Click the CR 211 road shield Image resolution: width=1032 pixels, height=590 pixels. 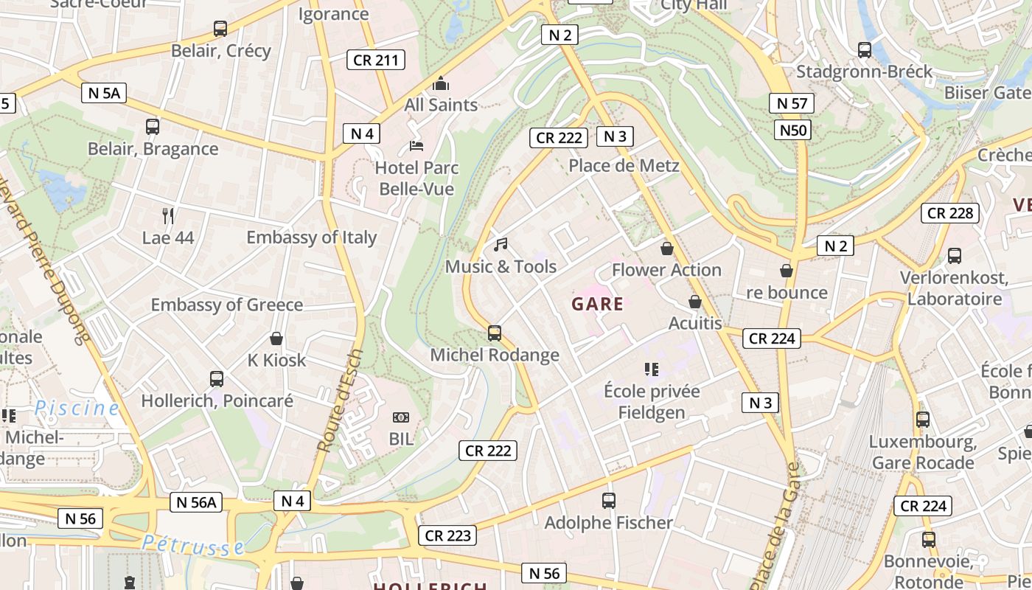376,60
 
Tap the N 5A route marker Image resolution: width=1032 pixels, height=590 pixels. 104,92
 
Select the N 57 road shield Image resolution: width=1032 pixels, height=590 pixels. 792,103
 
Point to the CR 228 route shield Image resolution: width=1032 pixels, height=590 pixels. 950,213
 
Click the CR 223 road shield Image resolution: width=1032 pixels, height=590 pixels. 447,535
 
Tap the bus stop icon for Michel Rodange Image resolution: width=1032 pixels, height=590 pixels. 495,333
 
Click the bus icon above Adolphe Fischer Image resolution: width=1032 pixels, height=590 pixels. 609,502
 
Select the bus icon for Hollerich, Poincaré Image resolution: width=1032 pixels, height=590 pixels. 217,379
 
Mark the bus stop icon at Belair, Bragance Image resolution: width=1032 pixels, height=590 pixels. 153,127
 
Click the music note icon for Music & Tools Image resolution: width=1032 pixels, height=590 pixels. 501,245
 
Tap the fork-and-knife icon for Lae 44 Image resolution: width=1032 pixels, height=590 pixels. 168,216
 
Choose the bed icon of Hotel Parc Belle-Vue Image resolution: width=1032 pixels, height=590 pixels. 416,146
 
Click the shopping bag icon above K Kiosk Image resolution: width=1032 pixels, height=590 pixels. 276,339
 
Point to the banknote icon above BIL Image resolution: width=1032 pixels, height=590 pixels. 402,417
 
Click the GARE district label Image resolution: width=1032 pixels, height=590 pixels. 597,304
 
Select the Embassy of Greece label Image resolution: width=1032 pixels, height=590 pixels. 227,305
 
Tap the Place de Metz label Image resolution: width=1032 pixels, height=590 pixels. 624,165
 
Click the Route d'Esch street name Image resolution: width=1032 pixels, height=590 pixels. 340,400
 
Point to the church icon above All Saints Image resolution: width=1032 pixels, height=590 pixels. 441,83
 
